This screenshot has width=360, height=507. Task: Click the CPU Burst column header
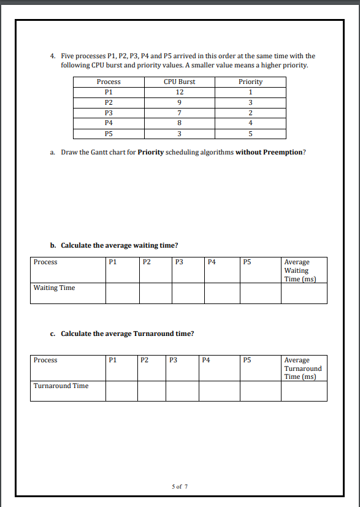point(179,82)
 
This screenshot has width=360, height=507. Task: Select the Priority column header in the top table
point(250,82)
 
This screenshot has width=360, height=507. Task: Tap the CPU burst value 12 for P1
point(179,92)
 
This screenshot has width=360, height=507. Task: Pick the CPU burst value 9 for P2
point(179,102)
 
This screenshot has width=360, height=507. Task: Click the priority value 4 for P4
point(250,123)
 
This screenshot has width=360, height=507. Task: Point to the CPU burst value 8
point(179,123)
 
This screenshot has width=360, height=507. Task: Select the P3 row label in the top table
point(109,113)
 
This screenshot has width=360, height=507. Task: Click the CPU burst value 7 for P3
point(179,113)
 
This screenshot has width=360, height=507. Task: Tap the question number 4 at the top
point(53,56)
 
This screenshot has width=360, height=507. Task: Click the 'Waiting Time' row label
point(54,288)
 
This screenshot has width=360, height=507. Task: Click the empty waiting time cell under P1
point(122,293)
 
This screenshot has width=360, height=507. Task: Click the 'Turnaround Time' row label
point(61,386)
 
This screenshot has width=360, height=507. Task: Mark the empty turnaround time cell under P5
point(260,391)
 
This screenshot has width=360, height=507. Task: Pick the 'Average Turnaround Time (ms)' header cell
point(304,368)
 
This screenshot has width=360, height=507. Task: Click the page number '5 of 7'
point(180,487)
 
